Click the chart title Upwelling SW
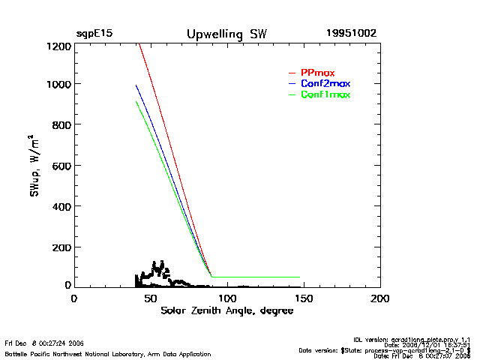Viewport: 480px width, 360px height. pyautogui.click(x=226, y=34)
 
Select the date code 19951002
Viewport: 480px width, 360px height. pyautogui.click(x=351, y=34)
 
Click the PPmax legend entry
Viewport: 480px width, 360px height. pyautogui.click(x=317, y=72)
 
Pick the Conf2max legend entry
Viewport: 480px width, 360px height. pyautogui.click(x=325, y=83)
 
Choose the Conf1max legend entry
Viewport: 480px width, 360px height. pyautogui.click(x=325, y=94)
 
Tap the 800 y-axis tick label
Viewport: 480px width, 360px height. pyautogui.click(x=61, y=124)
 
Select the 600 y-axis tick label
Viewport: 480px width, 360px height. pyautogui.click(x=61, y=165)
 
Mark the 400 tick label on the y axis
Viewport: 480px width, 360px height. pyautogui.click(x=61, y=205)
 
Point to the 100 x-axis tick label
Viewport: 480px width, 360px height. pyautogui.click(x=226, y=298)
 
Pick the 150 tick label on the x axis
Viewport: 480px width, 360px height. pyautogui.click(x=303, y=298)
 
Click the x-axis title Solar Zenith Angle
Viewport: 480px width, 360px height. pyautogui.click(x=226, y=310)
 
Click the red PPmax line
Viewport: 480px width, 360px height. pyautogui.click(x=172, y=150)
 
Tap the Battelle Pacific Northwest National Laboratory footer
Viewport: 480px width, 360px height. pyautogui.click(x=107, y=353)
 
